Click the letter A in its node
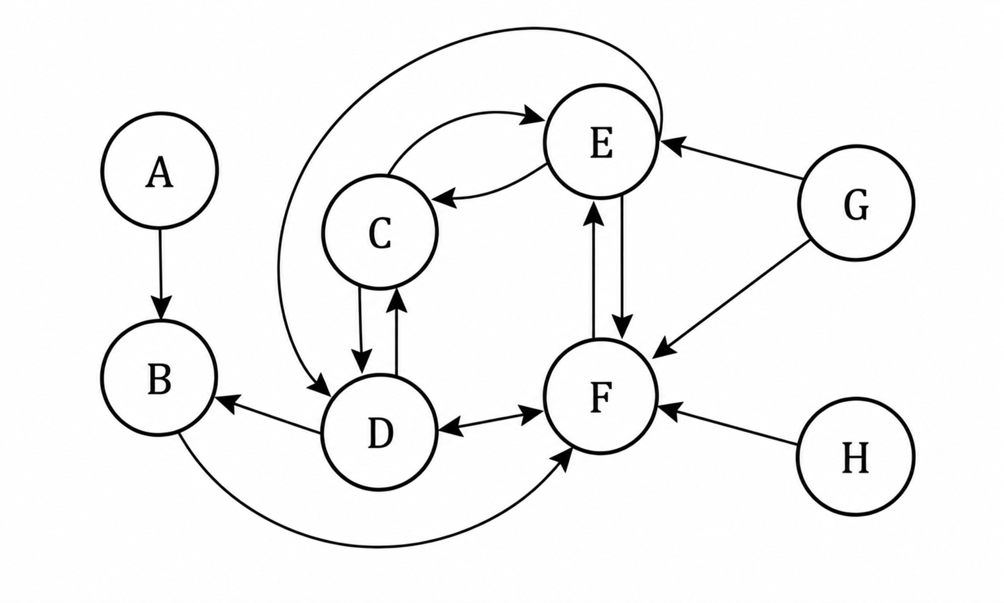[159, 174]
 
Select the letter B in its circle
[159, 380]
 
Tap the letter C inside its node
[380, 234]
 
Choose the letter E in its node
[601, 143]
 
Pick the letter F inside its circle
[601, 398]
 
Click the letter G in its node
[856, 205]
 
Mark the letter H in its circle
[856, 458]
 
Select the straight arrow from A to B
[160, 274]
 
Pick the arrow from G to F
[731, 299]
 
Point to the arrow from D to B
[269, 415]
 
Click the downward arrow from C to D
[361, 331]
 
